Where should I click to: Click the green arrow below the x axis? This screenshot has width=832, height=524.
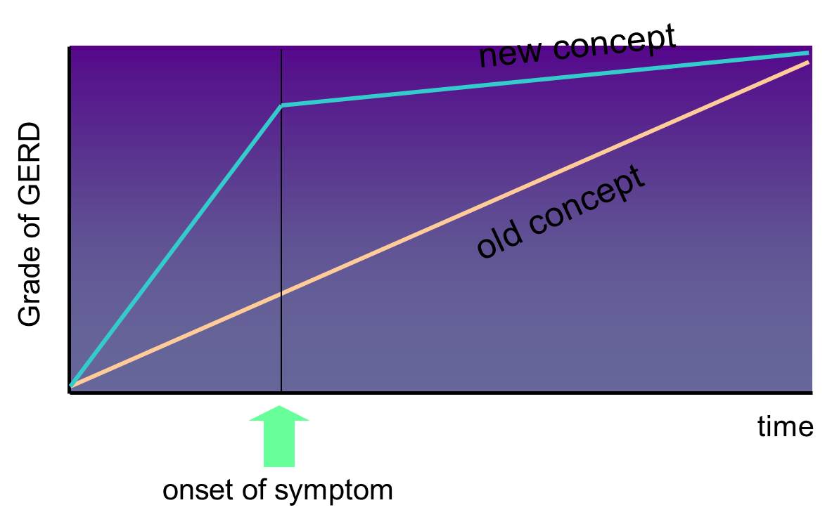279,437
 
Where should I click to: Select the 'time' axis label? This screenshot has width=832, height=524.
786,426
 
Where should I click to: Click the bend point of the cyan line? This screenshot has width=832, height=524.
281,105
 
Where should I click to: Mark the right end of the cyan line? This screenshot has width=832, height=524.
808,53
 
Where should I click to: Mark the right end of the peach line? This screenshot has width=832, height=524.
808,62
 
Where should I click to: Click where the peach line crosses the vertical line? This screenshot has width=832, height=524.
281,293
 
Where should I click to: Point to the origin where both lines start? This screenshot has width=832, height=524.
71,386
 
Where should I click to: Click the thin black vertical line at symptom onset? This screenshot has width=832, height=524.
281,221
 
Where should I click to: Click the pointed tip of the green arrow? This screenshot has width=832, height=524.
279,407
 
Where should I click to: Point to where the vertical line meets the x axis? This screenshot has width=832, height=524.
281,393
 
